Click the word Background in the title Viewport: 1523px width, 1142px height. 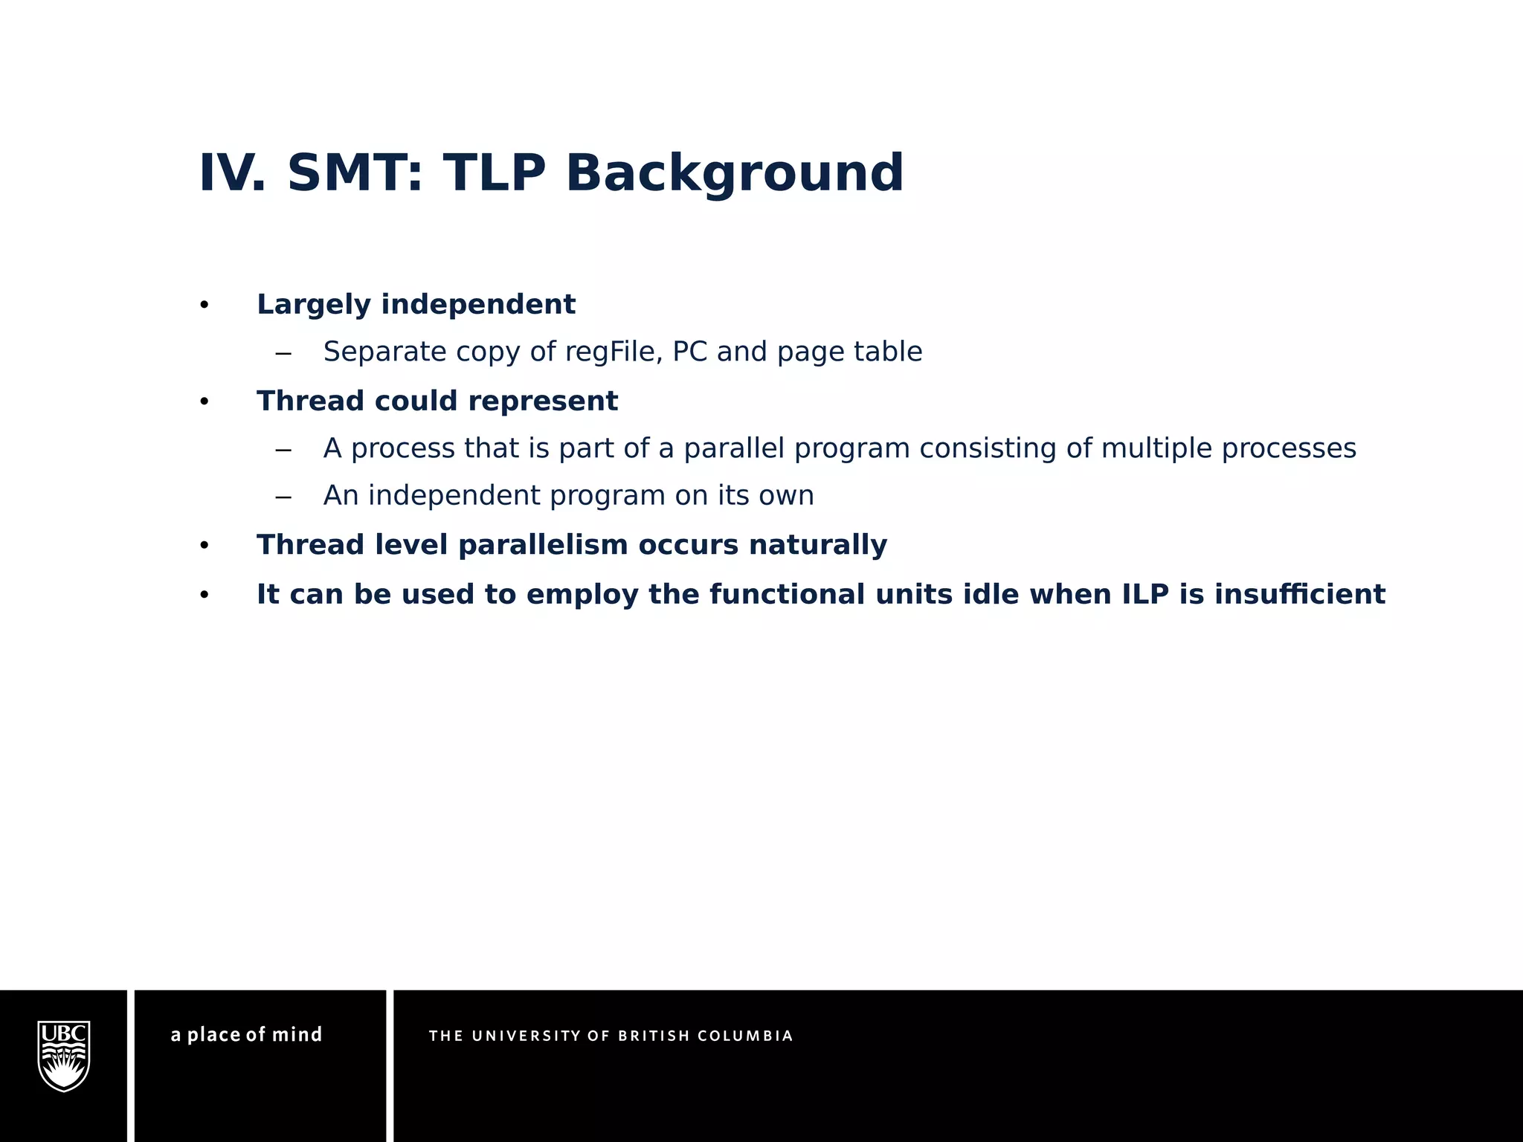(x=734, y=172)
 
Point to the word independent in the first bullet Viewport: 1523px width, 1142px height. (x=478, y=304)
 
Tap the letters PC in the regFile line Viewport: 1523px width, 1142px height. (x=689, y=352)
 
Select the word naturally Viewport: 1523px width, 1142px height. (x=817, y=545)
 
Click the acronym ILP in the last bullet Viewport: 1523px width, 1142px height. (x=1145, y=594)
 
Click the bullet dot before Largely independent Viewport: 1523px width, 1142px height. (x=205, y=306)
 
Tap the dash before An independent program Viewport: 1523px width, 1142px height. (x=283, y=497)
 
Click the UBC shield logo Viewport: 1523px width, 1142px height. (x=64, y=1056)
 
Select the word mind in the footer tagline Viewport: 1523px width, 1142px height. (x=297, y=1034)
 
